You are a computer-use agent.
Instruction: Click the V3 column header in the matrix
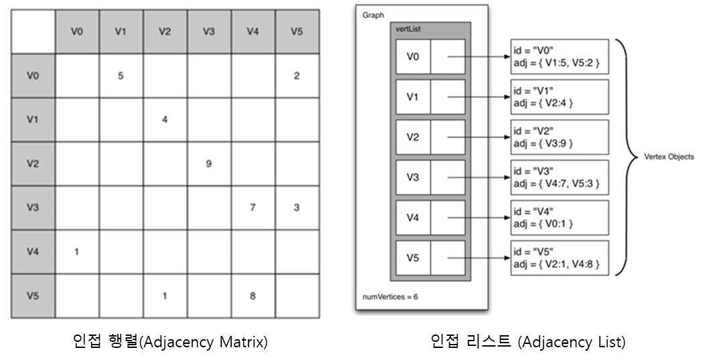(x=208, y=31)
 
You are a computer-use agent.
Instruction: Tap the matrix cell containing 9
(x=208, y=163)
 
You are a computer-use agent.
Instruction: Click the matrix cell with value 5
(x=120, y=75)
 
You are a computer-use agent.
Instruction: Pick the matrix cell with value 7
(x=252, y=207)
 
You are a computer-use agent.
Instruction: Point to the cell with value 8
(x=252, y=295)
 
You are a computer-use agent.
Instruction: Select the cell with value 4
(x=164, y=119)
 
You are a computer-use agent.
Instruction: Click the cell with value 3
(x=296, y=207)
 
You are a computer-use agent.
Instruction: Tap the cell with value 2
(x=296, y=75)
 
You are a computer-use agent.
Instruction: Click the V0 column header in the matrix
(x=76, y=31)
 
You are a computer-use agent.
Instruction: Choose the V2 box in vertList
(x=413, y=137)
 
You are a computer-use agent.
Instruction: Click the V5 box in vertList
(x=413, y=258)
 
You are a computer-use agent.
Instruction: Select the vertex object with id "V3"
(x=558, y=177)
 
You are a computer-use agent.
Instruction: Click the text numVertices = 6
(x=391, y=295)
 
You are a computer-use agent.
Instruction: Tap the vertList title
(x=408, y=28)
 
